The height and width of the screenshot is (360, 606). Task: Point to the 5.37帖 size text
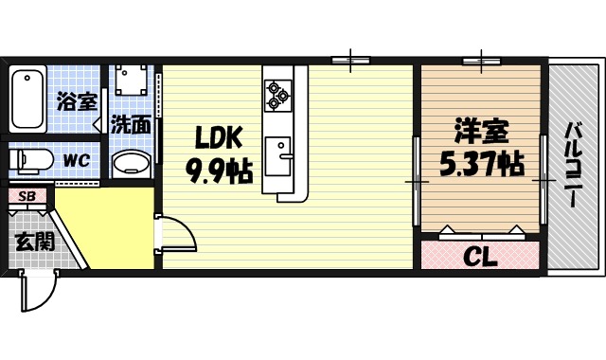[x=481, y=164]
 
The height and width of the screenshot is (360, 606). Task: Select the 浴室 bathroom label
[x=76, y=99]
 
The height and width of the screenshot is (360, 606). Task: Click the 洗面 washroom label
[x=131, y=123]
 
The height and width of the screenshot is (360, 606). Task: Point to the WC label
[x=76, y=160]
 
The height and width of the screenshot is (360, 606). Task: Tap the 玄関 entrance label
[x=34, y=241]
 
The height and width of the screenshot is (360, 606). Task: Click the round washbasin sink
[x=131, y=164]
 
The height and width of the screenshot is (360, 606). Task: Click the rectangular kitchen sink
[x=279, y=152]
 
